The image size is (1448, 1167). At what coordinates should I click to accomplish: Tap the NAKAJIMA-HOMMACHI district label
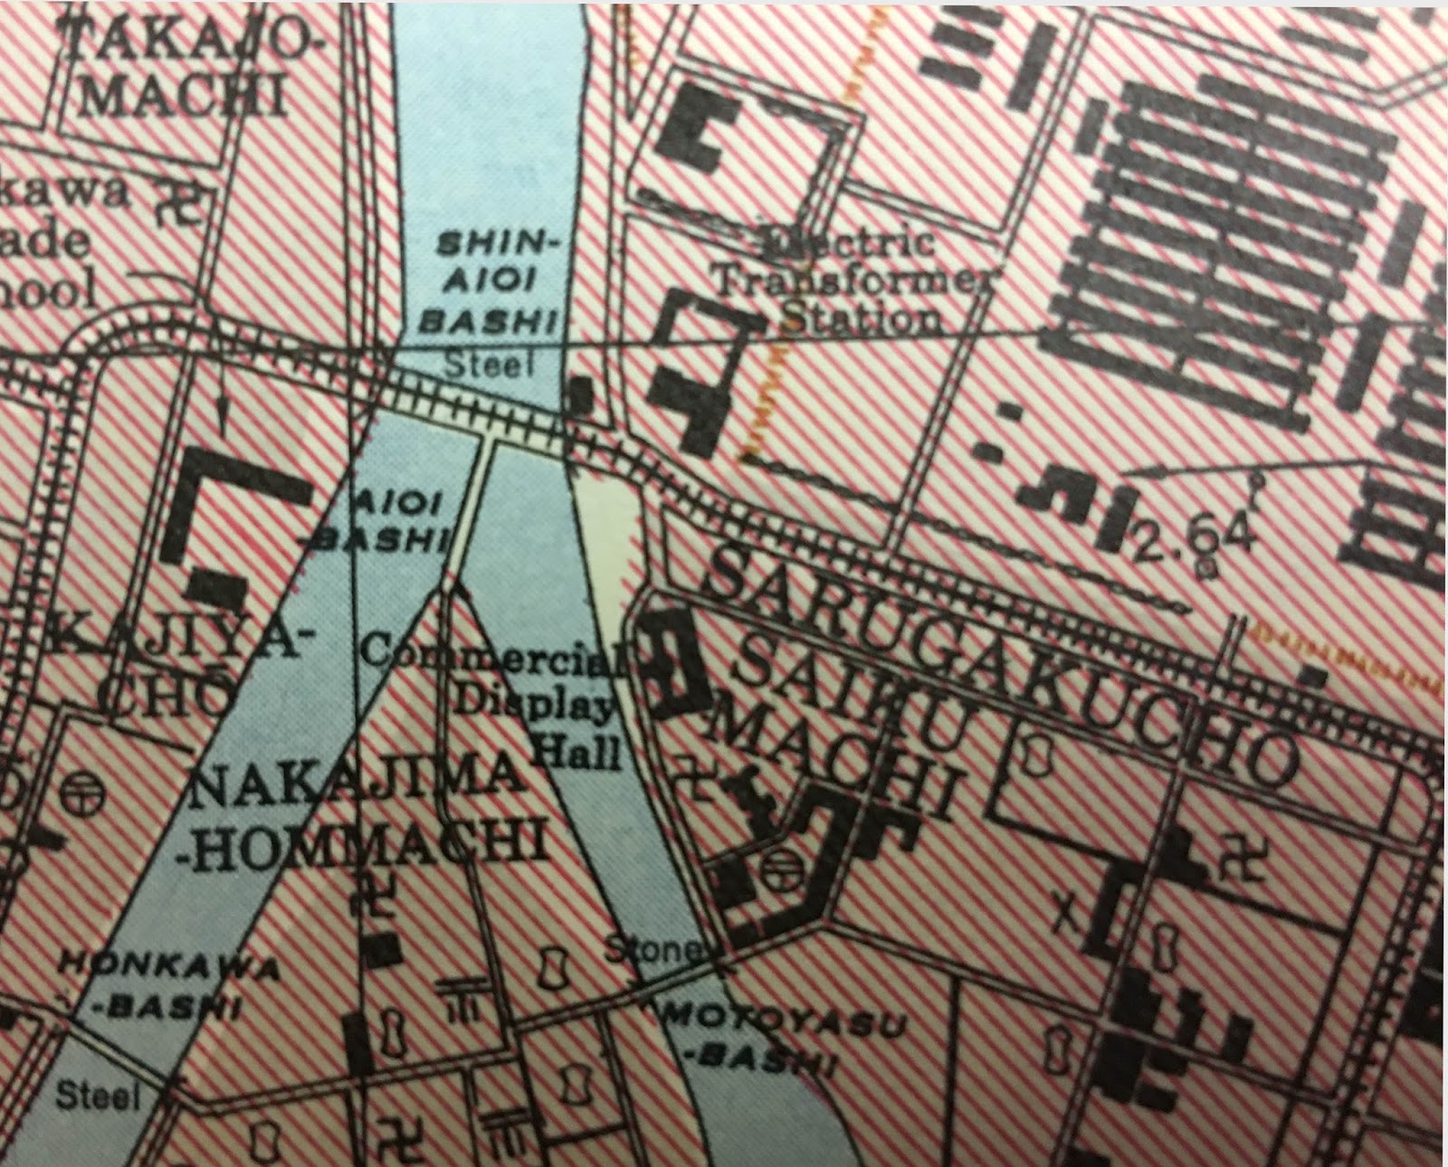(362, 819)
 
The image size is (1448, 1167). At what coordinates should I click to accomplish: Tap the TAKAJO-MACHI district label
(181, 68)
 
